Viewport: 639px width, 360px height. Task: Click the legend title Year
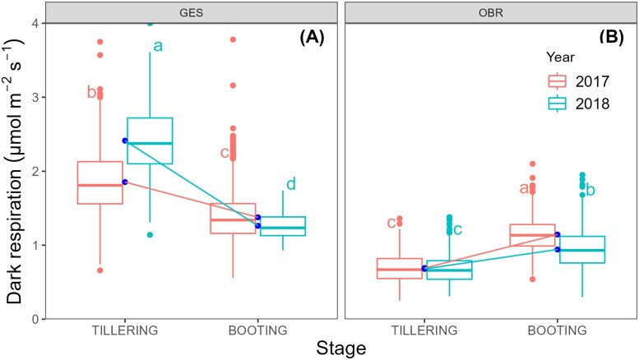click(563, 57)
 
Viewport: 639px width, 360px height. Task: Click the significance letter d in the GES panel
click(290, 184)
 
